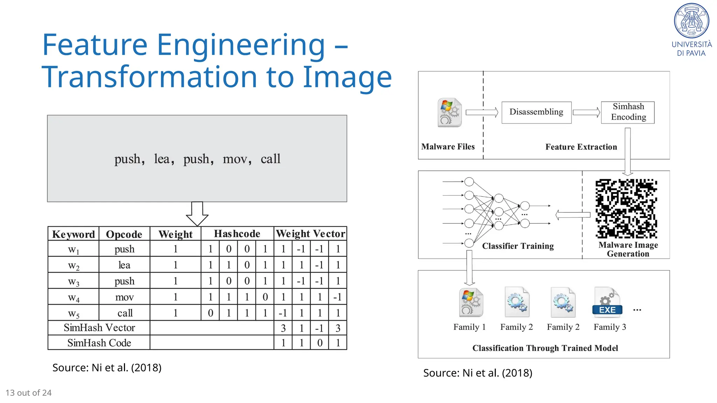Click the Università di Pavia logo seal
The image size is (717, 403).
coord(691,21)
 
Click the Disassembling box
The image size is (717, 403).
coord(536,112)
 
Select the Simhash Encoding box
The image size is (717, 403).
coord(628,112)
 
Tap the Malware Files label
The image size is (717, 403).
coord(448,147)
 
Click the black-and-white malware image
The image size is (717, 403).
coord(626,208)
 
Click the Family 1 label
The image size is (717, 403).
coord(469,327)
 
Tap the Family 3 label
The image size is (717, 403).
coord(610,327)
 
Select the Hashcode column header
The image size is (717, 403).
coord(237,234)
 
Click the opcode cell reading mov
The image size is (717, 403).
coord(124,297)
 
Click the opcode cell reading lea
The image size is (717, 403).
coord(124,265)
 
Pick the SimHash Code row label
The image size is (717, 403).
coord(99,343)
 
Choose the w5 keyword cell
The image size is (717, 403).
coord(74,313)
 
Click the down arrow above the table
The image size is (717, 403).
coord(197,214)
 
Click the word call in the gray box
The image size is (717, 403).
coord(270,159)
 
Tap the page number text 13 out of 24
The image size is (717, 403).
coord(29,393)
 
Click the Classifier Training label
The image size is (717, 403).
coord(518,246)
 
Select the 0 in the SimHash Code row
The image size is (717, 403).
coord(320,343)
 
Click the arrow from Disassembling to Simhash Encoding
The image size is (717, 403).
coord(586,112)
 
